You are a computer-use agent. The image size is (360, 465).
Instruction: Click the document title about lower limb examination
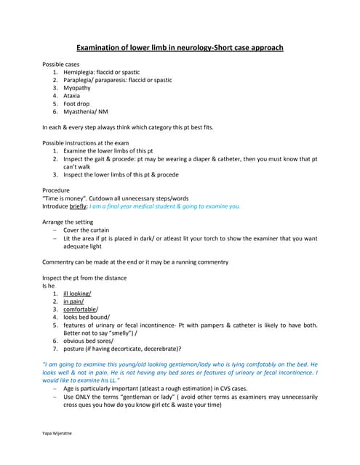click(x=180, y=48)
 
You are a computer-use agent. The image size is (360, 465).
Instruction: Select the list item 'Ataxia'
click(x=73, y=96)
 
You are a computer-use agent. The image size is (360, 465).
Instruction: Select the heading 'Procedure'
click(x=58, y=190)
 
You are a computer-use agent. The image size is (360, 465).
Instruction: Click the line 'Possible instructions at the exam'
click(x=91, y=143)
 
